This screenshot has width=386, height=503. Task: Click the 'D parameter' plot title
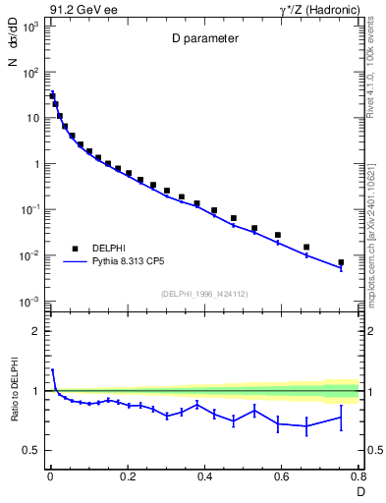click(204, 40)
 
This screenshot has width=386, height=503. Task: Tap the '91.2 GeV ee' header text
click(80, 8)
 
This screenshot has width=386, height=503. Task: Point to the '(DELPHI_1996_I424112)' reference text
click(204, 292)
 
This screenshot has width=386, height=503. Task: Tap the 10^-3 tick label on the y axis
click(30, 301)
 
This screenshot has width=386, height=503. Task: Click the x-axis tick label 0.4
click(204, 478)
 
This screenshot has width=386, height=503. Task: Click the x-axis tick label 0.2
click(127, 478)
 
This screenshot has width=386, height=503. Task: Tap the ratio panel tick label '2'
click(36, 331)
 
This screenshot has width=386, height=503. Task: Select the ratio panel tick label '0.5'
click(32, 450)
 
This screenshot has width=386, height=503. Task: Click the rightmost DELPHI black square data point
click(341, 262)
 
